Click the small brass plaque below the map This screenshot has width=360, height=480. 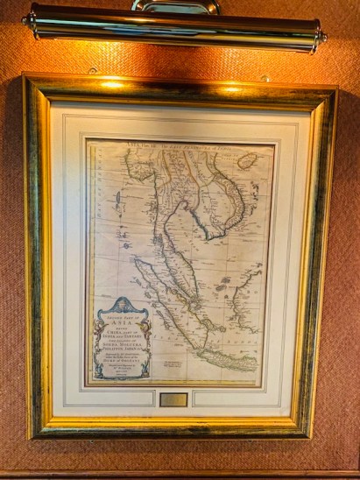[x=173, y=399]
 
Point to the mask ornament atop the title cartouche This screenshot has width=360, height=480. [x=122, y=303]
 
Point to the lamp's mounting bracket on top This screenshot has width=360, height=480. [x=175, y=6]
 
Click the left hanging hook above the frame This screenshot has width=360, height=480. [x=92, y=70]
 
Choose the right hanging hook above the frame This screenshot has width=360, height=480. [x=265, y=78]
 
